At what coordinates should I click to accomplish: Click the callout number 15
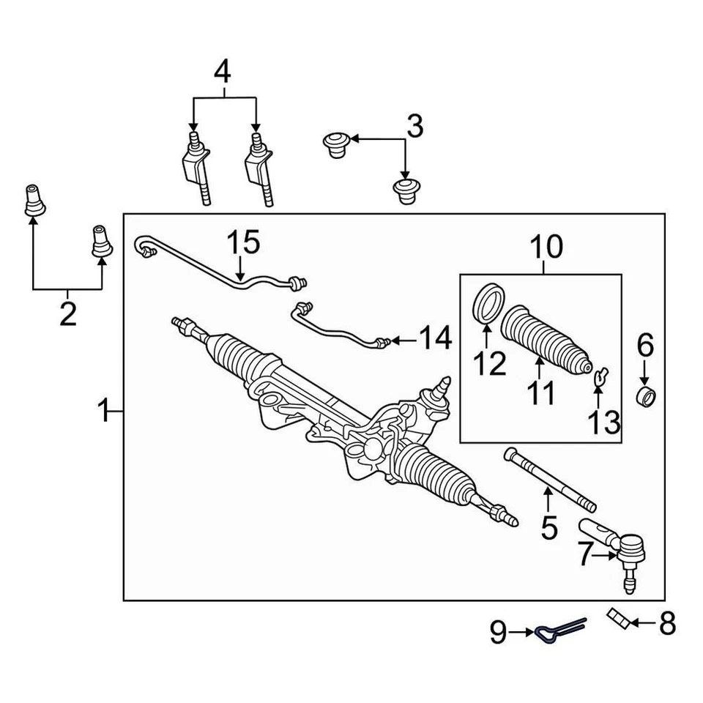point(242,242)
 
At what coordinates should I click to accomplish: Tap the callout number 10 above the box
point(544,248)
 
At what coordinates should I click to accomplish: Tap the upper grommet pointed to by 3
point(336,144)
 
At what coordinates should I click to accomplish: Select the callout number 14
point(435,339)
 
